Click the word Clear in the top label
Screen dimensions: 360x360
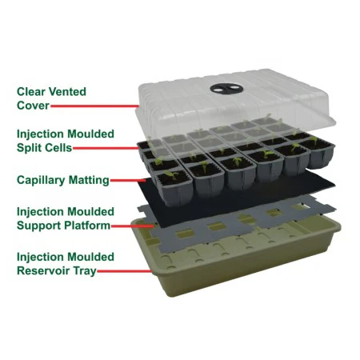(x=31, y=92)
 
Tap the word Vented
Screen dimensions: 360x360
(x=68, y=92)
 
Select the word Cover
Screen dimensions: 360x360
(x=33, y=106)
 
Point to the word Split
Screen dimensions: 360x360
(x=28, y=148)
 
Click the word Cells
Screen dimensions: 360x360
(x=58, y=148)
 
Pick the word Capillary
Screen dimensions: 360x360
(x=41, y=180)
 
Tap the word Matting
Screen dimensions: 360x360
(x=89, y=180)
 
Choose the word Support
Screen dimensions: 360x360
(x=38, y=226)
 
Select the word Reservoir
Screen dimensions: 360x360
(x=43, y=270)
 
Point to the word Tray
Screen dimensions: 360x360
(x=85, y=271)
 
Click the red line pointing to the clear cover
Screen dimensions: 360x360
(x=94, y=106)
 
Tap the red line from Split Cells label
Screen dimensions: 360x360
(x=106, y=148)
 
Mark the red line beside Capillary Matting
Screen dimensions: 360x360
(x=128, y=181)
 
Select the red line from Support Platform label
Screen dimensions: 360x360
(x=133, y=226)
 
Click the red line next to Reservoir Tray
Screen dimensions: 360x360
(x=124, y=271)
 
